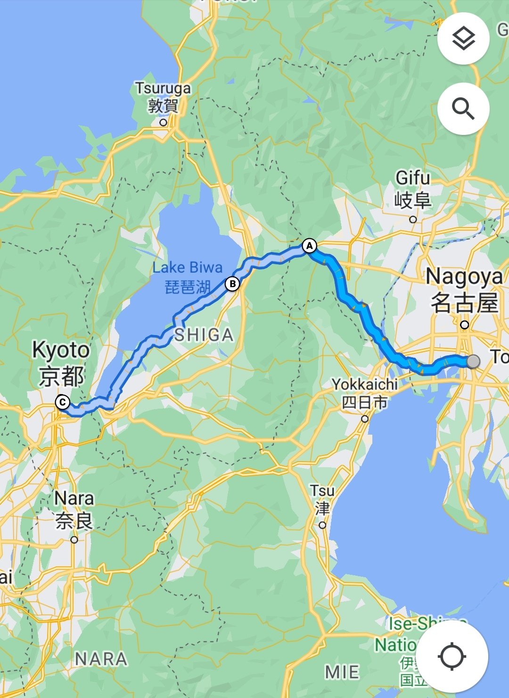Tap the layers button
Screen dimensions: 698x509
click(x=463, y=39)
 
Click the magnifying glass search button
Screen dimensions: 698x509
click(x=463, y=109)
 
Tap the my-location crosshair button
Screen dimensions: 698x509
click(x=452, y=656)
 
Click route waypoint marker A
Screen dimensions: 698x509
click(x=309, y=246)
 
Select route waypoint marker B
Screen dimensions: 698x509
click(x=232, y=284)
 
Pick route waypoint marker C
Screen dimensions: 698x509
click(x=62, y=403)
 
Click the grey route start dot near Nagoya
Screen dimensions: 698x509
click(x=473, y=362)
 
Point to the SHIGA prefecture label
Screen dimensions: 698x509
click(x=204, y=335)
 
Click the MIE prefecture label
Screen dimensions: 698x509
click(x=343, y=672)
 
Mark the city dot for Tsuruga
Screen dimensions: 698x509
click(x=163, y=123)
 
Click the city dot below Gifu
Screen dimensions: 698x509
click(x=413, y=219)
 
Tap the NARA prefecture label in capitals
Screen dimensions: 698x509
click(x=101, y=659)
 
